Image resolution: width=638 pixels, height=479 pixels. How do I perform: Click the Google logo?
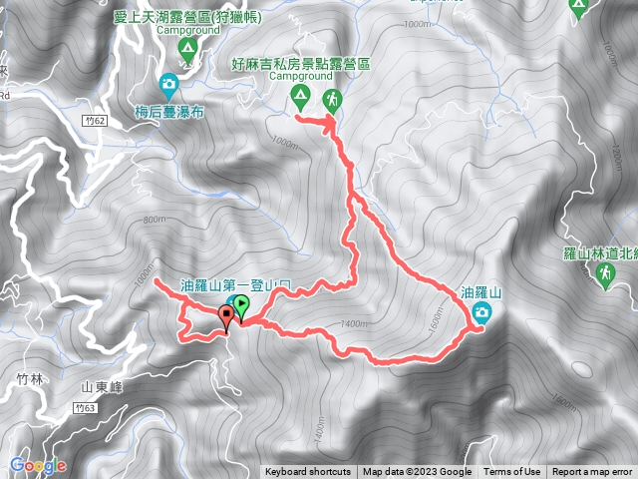(x=37, y=465)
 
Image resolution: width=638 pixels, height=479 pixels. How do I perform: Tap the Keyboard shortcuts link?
(x=308, y=472)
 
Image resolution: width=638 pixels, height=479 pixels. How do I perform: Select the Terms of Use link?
(x=512, y=472)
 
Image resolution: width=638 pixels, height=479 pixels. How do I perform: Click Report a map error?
(x=592, y=472)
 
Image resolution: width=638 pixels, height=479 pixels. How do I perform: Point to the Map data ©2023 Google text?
(x=417, y=472)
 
